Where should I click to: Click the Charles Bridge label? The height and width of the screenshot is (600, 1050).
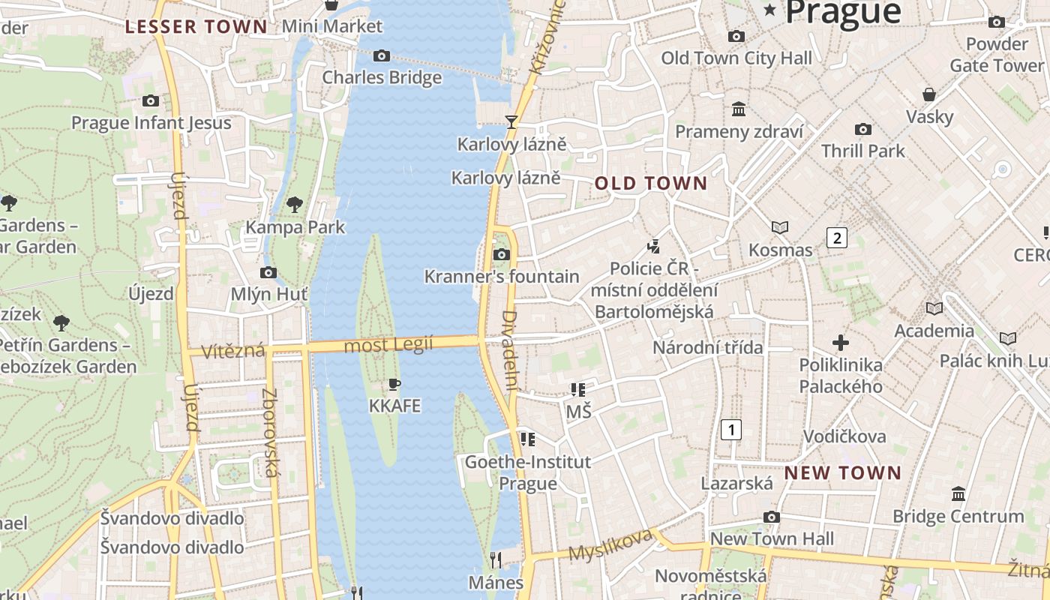tap(382, 77)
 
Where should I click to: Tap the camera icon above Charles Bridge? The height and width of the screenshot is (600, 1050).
tap(382, 55)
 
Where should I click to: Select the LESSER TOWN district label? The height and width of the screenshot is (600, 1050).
tap(196, 27)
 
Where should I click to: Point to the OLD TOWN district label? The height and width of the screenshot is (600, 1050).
tap(651, 183)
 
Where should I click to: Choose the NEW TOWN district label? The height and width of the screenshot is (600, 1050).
tap(843, 472)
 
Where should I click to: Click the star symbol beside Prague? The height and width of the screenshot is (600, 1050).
tap(769, 10)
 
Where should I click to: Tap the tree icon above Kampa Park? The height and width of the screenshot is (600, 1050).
tap(295, 204)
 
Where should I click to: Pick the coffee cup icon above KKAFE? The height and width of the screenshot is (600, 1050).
tap(394, 385)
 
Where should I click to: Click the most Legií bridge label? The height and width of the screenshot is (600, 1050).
tap(388, 345)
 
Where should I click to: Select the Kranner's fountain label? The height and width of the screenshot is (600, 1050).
tap(502, 277)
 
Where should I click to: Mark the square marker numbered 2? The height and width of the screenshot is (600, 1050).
tap(836, 238)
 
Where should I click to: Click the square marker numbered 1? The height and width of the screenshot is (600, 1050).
tap(730, 430)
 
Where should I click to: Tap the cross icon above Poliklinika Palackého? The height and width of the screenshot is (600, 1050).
tap(841, 343)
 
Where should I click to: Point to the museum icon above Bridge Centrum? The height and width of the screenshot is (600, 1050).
tap(958, 494)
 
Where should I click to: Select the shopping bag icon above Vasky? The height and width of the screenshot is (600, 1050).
tap(929, 94)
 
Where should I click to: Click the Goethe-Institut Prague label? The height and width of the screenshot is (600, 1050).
tap(528, 472)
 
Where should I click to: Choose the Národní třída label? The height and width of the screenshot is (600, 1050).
tap(707, 347)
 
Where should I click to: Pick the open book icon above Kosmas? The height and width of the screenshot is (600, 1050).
tap(780, 227)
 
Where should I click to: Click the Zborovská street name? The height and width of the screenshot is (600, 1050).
tap(270, 433)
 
